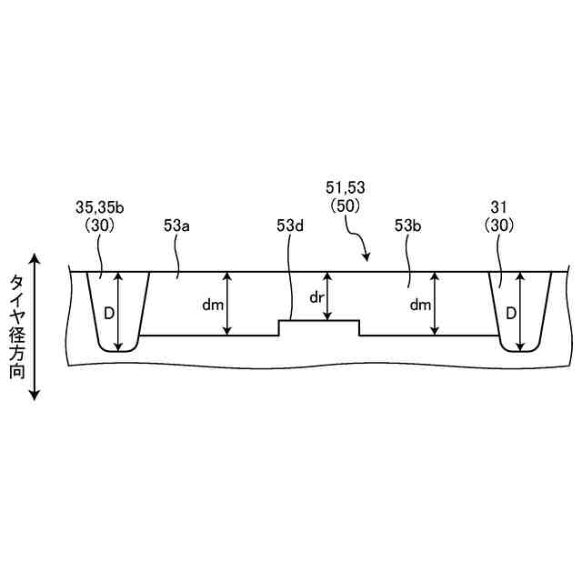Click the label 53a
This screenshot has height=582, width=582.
coord(176,226)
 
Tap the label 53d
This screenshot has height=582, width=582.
coord(290,226)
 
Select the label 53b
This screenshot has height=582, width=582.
coord(407,226)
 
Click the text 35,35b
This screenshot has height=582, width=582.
coord(100,208)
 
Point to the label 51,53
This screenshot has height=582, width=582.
coord(346,187)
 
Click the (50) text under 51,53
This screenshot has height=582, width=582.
coord(346,206)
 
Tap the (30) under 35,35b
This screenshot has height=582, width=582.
coord(100,226)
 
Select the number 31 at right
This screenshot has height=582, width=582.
coord(498,207)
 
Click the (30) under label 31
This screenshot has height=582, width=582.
coord(499,226)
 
